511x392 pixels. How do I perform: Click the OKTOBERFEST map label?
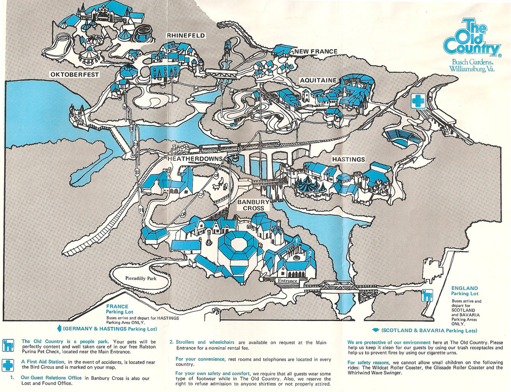click(x=75, y=74)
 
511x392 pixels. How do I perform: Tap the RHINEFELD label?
click(x=186, y=36)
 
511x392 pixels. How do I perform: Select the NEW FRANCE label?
click(x=316, y=51)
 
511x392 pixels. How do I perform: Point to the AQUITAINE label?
click(x=318, y=80)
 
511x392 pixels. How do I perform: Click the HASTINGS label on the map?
click(x=348, y=159)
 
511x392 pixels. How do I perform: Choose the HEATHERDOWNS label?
click(x=195, y=159)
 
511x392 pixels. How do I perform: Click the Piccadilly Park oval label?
click(x=141, y=278)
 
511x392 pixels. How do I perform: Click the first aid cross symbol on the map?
click(x=418, y=100)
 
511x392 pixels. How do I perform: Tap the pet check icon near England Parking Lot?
click(x=428, y=295)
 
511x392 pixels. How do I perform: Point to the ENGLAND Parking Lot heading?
click(x=464, y=291)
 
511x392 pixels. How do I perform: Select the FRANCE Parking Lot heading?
click(x=117, y=309)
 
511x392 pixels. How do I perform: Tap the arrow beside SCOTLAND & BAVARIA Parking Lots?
click(x=375, y=330)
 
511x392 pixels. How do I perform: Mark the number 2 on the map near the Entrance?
click(x=310, y=253)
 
